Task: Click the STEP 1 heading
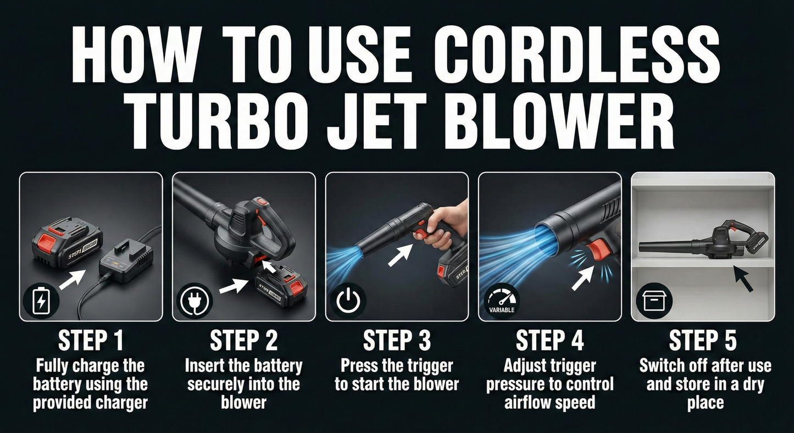91,341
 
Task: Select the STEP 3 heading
397,341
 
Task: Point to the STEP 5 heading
702,341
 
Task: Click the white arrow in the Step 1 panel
72,280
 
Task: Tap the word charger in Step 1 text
121,403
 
